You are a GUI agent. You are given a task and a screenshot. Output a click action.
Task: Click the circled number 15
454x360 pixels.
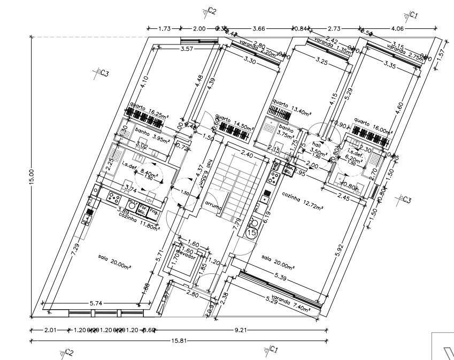pos(251,233)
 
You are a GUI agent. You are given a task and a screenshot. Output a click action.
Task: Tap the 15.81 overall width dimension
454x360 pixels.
pos(177,340)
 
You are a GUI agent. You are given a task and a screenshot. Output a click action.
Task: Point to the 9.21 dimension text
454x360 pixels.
pos(241,330)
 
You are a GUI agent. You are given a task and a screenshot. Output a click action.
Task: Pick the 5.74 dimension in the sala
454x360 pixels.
pos(96,303)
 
